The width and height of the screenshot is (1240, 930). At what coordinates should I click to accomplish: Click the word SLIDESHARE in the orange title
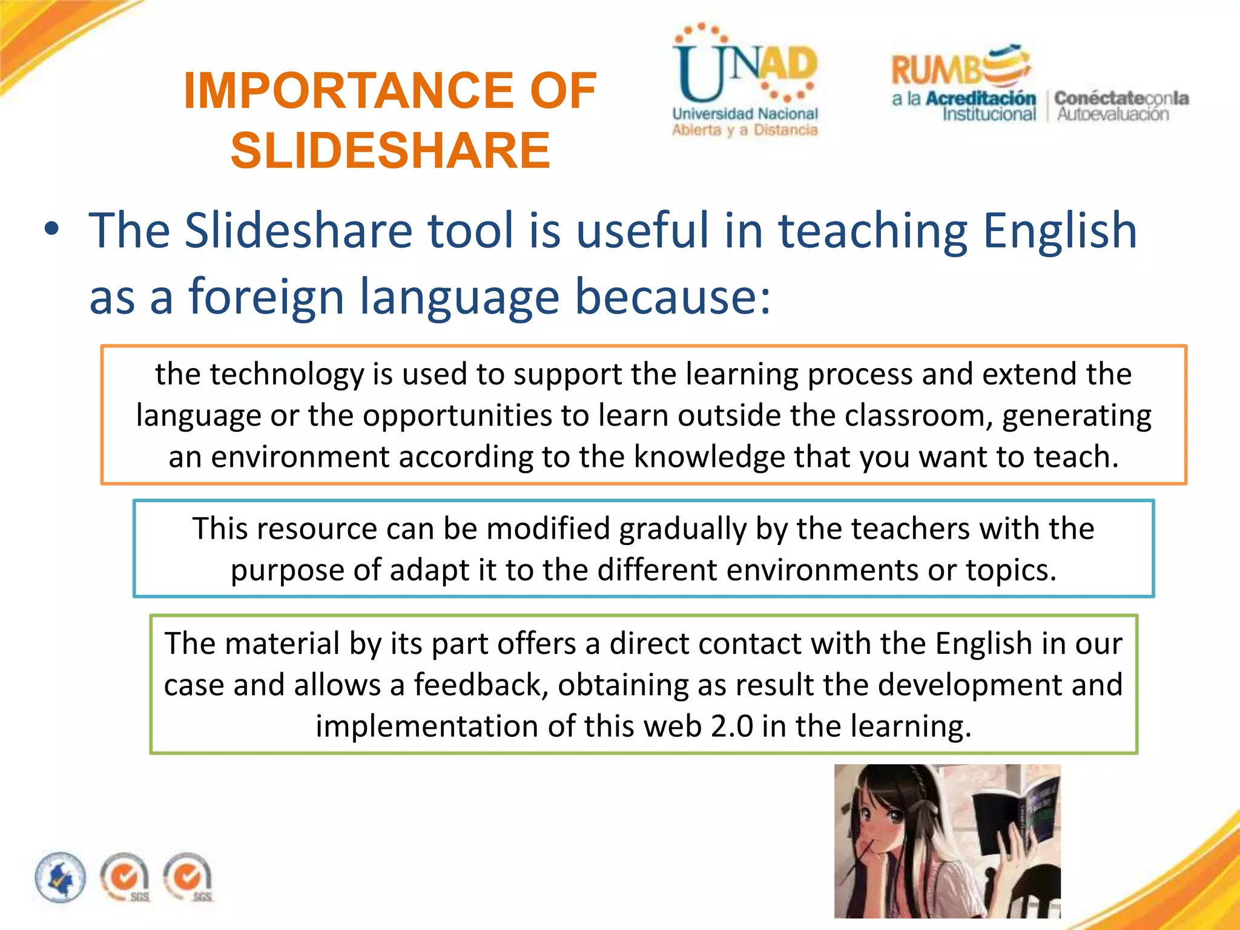[391, 150]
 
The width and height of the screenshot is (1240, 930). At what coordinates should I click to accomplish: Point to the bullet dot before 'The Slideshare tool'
[52, 229]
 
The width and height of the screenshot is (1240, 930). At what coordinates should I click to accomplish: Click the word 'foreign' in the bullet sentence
[266, 297]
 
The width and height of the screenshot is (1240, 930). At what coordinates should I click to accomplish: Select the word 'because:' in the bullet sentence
[672, 297]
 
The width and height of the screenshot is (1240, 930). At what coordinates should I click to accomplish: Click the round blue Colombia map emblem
[60, 877]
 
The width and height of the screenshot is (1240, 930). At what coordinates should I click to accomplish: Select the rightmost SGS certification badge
[188, 877]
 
